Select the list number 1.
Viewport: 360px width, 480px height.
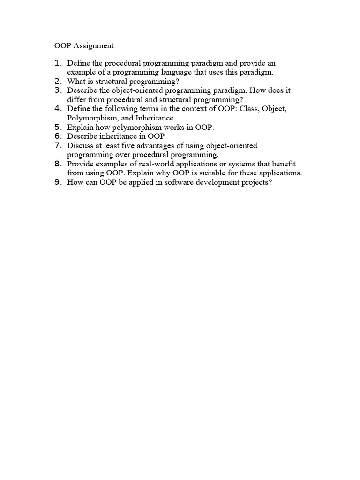pyautogui.click(x=58, y=63)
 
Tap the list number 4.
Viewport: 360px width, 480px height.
pyautogui.click(x=58, y=108)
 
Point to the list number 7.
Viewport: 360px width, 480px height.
pyautogui.click(x=58, y=145)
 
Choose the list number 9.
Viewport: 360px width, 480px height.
pyautogui.click(x=58, y=182)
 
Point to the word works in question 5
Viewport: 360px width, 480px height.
pyautogui.click(x=170, y=127)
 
